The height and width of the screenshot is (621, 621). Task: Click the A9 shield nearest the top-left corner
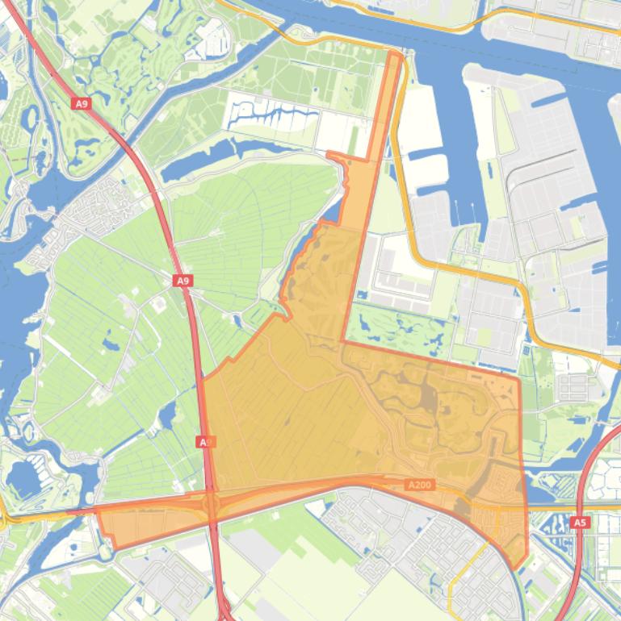80,104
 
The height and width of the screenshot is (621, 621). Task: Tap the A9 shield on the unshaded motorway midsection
183,281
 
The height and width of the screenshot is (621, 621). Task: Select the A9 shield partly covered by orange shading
206,442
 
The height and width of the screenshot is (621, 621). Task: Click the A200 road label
420,485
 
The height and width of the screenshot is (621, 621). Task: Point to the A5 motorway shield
579,523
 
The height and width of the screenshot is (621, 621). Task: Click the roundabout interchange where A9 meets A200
212,506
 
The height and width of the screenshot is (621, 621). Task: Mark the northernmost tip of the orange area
395,53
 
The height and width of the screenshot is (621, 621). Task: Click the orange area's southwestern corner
115,548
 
